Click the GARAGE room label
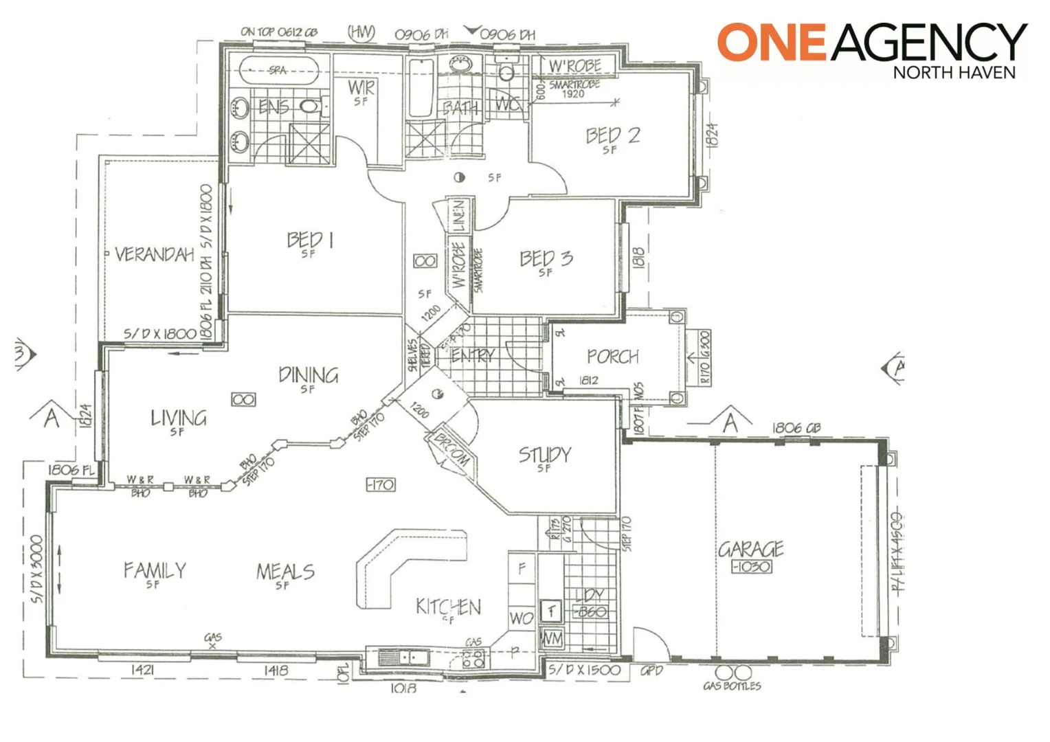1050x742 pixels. (750, 549)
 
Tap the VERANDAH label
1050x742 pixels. (154, 255)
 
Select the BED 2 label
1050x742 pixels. (612, 135)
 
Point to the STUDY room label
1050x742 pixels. (544, 455)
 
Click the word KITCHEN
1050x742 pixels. (448, 607)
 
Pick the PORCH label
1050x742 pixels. (612, 357)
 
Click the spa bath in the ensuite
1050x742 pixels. (278, 71)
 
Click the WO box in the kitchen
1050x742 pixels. (522, 618)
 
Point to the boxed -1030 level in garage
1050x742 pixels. (751, 567)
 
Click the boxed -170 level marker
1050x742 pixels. (380, 485)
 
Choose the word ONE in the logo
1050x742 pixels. (771, 42)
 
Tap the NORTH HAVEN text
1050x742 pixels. (954, 72)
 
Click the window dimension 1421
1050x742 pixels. (142, 670)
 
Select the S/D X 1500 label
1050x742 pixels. (584, 670)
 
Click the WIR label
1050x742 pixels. (361, 88)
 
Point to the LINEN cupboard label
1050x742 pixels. (458, 215)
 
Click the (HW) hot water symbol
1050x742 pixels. (361, 32)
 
